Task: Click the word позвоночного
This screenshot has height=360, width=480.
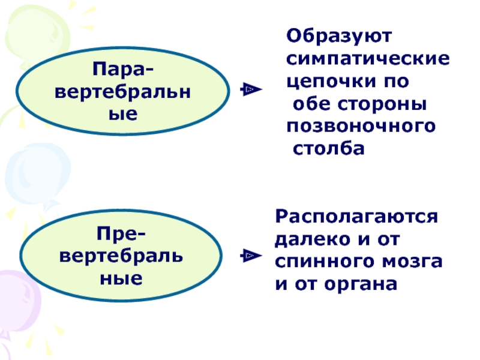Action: click(361, 125)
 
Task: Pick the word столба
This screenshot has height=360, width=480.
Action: click(329, 148)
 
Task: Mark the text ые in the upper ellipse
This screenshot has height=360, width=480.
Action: click(122, 113)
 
